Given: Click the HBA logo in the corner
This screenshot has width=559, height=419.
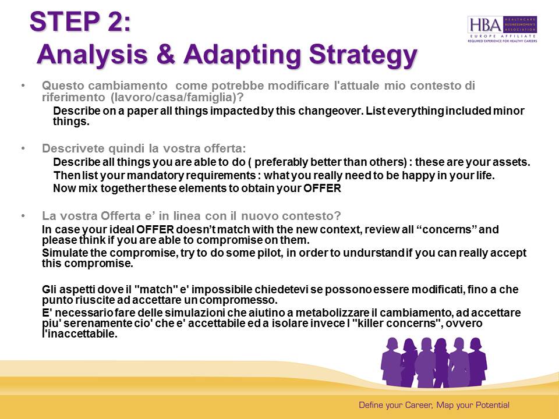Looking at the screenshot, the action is [502, 29].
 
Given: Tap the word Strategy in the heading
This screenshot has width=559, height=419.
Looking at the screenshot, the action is [363, 54].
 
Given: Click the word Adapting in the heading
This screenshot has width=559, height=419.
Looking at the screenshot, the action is [242, 54].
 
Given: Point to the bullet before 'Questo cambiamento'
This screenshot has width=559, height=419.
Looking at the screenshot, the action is [23, 86].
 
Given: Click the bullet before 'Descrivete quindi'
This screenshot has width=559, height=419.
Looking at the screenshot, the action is [23, 148].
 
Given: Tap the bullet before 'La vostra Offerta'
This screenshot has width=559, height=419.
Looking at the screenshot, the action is [23, 216].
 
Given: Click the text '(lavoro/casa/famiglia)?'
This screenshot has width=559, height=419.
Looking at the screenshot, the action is [177, 97].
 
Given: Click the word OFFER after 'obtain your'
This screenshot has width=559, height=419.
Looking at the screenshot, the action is [322, 188].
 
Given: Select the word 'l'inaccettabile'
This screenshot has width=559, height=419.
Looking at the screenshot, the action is [80, 334].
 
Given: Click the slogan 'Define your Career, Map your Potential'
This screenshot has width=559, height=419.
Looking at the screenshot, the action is [434, 405].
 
